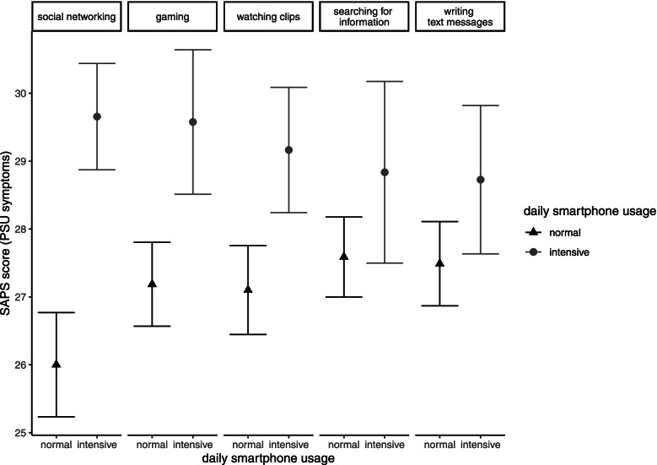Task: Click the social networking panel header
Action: tap(76, 16)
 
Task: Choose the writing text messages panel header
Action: tap(460, 16)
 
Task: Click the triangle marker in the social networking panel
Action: tap(57, 364)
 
